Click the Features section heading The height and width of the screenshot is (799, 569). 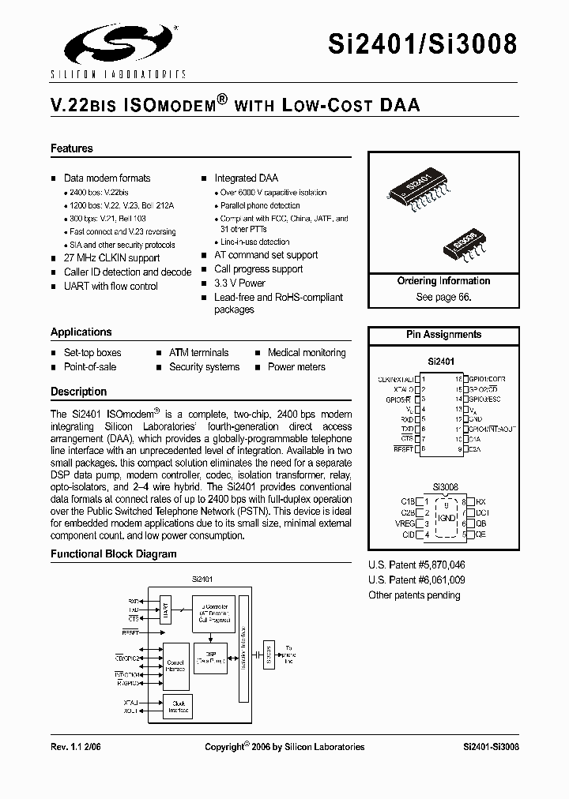[72, 148]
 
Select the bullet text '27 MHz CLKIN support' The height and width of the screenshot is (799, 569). [111, 258]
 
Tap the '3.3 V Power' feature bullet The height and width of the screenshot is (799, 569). [239, 283]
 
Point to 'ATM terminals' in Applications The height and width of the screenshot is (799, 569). [198, 353]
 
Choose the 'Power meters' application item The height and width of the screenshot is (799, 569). [296, 367]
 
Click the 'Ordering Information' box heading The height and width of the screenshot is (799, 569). [443, 281]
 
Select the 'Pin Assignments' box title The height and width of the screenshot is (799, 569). [443, 335]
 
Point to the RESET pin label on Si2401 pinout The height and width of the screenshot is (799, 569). [404, 449]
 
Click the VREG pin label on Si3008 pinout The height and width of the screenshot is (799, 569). [406, 523]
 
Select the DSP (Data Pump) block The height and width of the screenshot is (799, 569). [210, 658]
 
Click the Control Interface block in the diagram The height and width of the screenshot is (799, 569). [175, 666]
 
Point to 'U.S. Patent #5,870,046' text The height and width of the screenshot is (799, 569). [416, 565]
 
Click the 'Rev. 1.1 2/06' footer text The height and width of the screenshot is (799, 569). [78, 746]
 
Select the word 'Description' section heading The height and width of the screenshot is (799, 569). [78, 392]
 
